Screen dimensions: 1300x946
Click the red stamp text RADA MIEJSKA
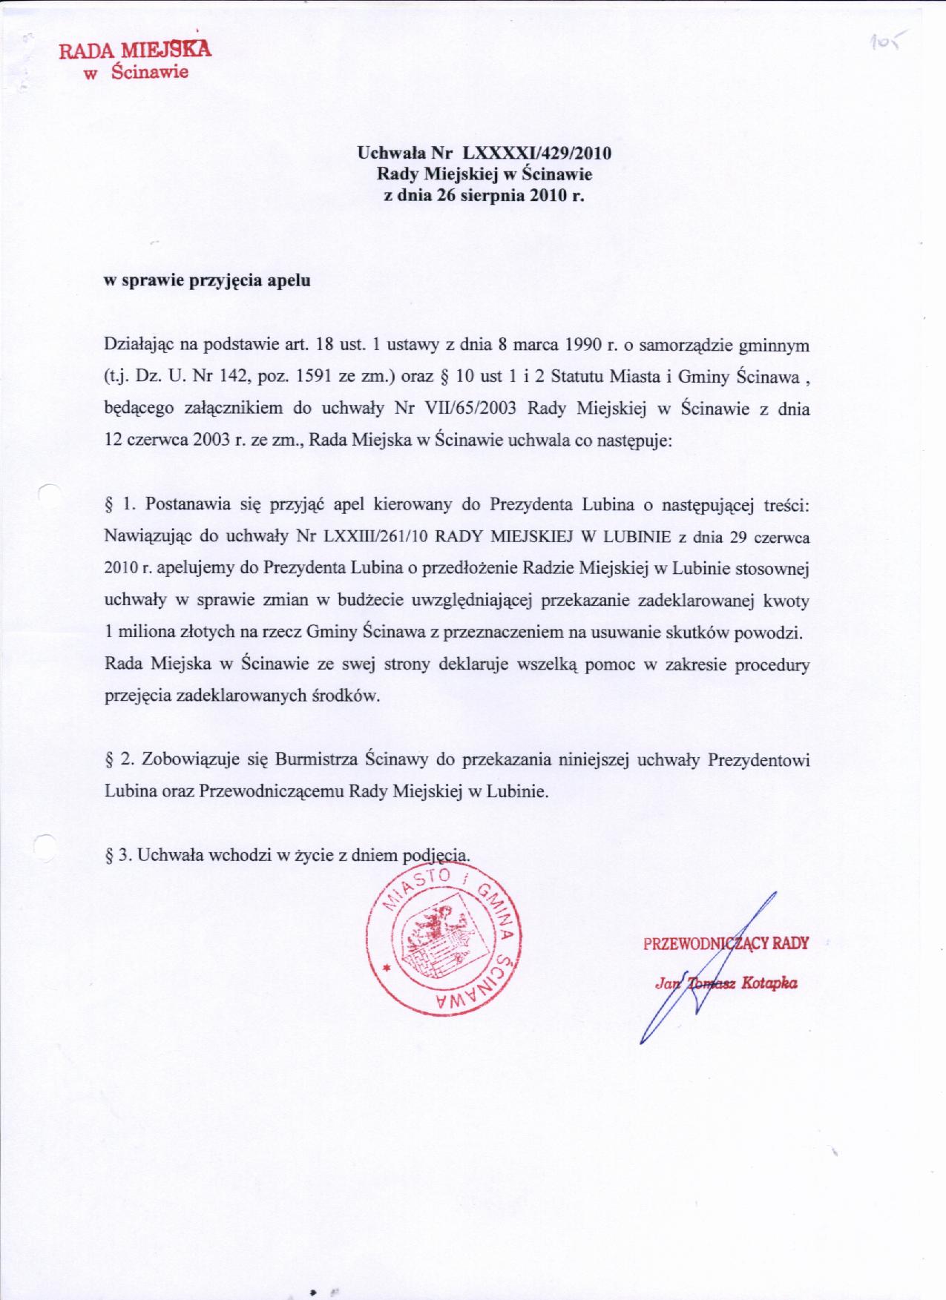(x=135, y=50)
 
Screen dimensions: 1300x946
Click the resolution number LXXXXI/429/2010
(x=536, y=154)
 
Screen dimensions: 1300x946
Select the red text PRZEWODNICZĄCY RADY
(x=726, y=943)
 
